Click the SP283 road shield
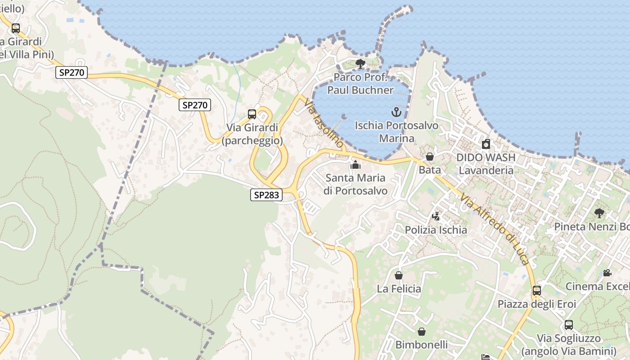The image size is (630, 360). point(266,195)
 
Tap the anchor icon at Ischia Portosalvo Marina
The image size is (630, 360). point(396,112)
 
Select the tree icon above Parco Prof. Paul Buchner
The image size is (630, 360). point(360,64)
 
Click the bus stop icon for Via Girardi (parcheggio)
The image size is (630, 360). point(252,114)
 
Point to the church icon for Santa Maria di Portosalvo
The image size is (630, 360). point(355,165)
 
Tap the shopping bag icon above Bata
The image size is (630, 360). point(430,157)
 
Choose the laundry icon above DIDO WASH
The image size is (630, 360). point(486,144)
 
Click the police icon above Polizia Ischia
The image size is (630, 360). point(435,216)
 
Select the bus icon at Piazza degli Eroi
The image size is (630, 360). point(536,291)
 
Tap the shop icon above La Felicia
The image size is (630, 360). point(398,275)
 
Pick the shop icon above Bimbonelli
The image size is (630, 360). point(422,332)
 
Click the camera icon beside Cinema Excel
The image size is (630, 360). point(607,273)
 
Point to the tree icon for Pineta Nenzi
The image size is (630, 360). point(599,213)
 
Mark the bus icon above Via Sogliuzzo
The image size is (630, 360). point(569,325)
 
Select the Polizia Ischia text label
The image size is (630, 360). point(436,230)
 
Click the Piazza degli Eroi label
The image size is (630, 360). point(536,304)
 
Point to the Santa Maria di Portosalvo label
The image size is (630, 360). point(355,184)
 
